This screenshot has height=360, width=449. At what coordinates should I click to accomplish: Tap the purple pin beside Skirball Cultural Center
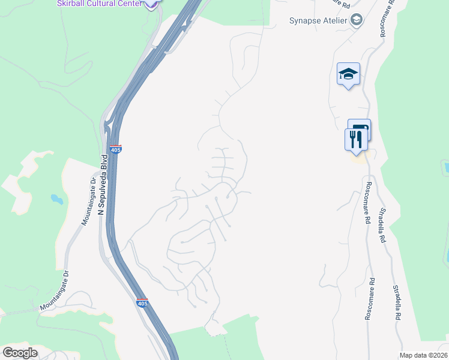(x=152, y=4)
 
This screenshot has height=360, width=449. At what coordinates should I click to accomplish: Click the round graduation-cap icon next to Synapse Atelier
(x=357, y=20)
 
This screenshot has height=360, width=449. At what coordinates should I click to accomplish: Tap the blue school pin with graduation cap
(x=348, y=74)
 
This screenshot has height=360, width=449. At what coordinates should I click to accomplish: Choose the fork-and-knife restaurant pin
(x=355, y=139)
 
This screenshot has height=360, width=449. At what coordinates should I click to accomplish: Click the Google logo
(x=20, y=352)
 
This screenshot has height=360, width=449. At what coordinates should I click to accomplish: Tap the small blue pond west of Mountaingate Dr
(x=56, y=198)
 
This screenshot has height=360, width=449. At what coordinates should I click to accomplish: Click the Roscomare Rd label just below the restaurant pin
(x=369, y=203)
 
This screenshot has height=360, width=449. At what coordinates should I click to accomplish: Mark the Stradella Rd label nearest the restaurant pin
(x=382, y=226)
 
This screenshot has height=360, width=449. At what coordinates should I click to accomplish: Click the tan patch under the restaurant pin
(x=358, y=159)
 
